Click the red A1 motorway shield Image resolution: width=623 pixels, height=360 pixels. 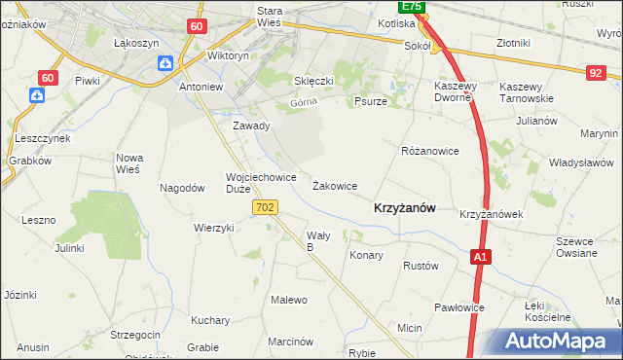point(479,257)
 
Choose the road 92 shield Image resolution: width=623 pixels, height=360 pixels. point(596,72)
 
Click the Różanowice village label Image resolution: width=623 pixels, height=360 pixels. point(429,152)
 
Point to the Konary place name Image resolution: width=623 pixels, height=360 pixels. point(366,255)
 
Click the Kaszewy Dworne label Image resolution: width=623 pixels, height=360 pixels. point(453,91)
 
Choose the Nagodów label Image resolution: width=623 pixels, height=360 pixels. point(182,188)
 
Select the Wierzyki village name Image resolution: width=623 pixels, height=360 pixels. point(214,227)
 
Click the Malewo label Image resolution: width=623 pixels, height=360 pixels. point(289,300)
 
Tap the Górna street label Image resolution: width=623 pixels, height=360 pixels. point(304,102)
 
